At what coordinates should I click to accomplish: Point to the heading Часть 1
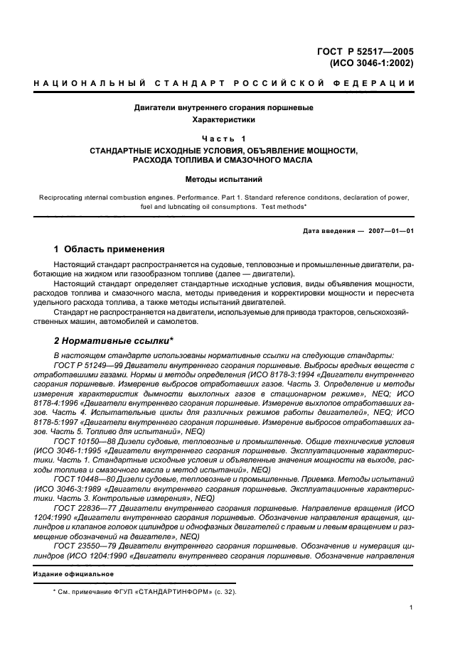point(224,138)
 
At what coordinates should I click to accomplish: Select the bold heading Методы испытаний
point(224,180)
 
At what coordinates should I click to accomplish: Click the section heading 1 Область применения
point(110,249)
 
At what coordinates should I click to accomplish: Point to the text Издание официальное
point(73,573)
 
